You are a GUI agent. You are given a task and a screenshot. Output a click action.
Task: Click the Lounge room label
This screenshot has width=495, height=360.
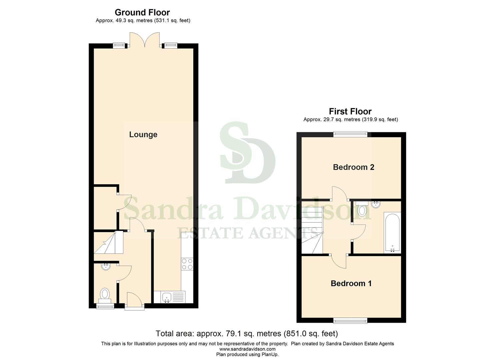pos(143,134)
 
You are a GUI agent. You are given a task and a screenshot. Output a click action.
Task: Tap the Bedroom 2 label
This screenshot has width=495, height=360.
pos(353,167)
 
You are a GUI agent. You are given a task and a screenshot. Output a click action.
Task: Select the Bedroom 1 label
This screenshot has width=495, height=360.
pos(351,283)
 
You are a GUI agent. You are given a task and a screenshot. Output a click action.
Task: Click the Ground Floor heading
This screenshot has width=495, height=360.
pos(142,13)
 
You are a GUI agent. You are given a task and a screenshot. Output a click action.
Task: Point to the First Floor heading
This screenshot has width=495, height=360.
pos(350,111)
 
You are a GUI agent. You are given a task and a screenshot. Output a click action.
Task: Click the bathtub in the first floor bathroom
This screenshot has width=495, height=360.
pos(392,232)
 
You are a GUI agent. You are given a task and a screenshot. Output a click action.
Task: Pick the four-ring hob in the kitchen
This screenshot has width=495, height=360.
pos(187,264)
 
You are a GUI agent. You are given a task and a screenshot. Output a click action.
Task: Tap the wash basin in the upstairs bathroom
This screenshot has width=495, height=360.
pos(376,204)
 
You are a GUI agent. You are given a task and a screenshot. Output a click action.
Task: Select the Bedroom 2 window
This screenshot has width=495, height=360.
pos(350,134)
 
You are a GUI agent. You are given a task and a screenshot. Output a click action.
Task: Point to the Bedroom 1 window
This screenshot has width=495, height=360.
pos(350,321)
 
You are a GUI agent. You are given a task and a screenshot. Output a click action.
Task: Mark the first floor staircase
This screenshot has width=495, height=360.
pos(312,230)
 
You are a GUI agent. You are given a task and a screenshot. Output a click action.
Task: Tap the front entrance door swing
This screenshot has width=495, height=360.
pos(134,299)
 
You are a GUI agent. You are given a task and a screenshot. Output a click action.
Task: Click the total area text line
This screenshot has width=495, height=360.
pos(247,334)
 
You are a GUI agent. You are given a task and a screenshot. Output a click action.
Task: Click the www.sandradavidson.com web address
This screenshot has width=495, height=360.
pos(247,349)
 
